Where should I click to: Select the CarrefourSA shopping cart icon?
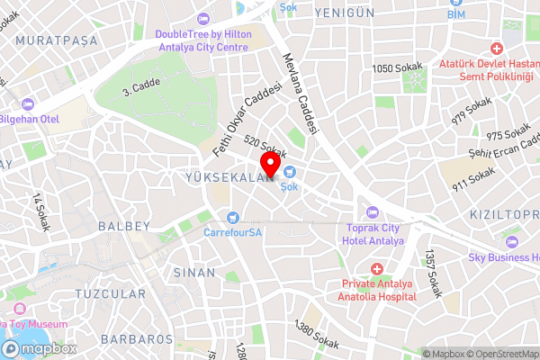click(233, 216)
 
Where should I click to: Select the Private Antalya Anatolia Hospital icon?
click(376, 269)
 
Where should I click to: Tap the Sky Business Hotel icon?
click(512, 241)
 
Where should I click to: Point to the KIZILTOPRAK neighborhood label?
click(508, 217)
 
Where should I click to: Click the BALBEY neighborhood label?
click(122, 225)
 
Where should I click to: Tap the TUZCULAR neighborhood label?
click(111, 294)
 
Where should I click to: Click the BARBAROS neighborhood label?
click(138, 339)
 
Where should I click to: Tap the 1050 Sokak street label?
click(397, 68)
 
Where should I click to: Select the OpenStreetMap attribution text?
click(499, 353)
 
